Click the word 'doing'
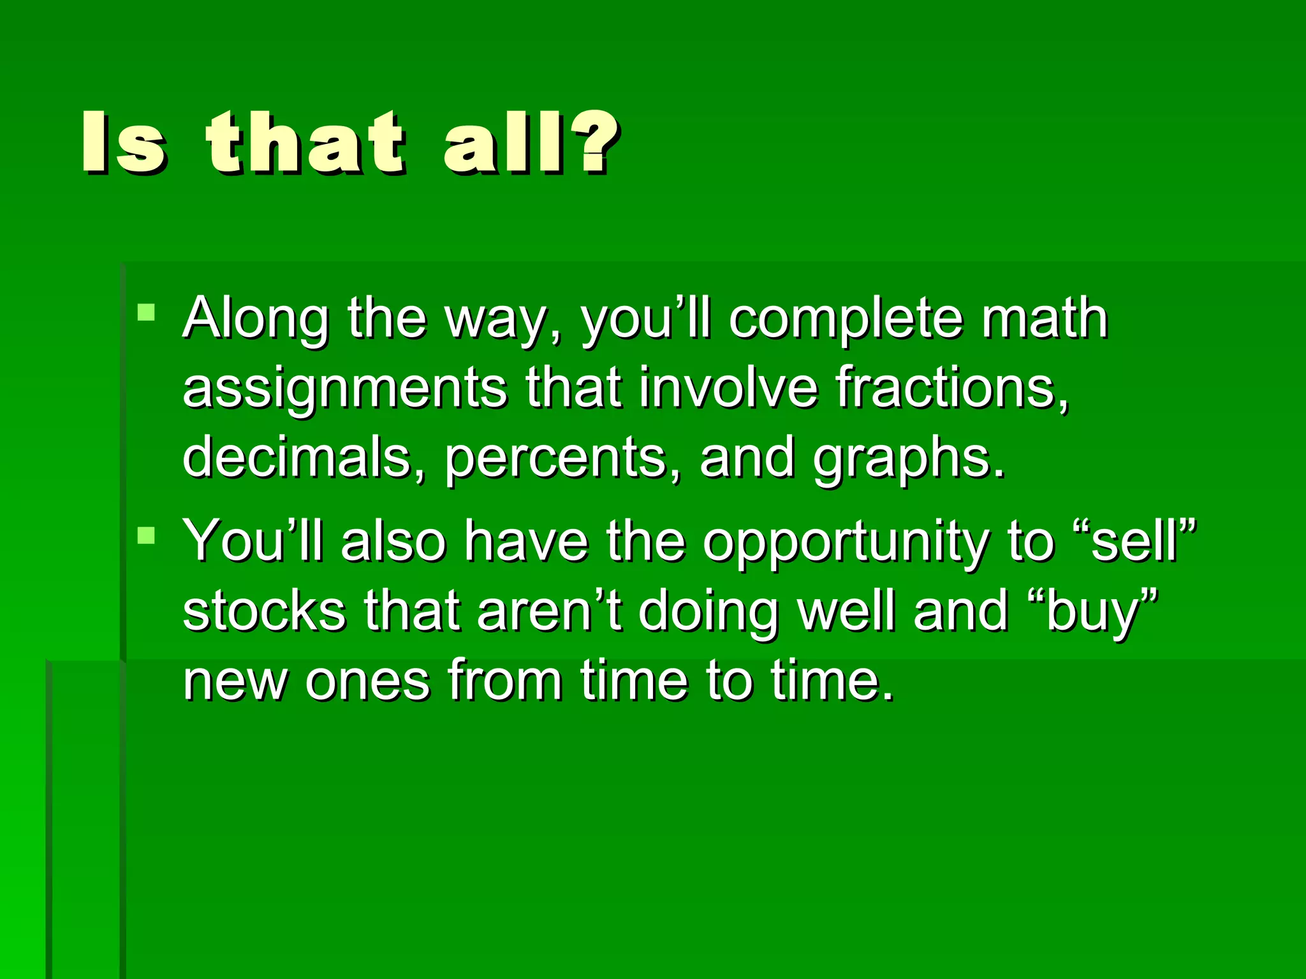708,612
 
